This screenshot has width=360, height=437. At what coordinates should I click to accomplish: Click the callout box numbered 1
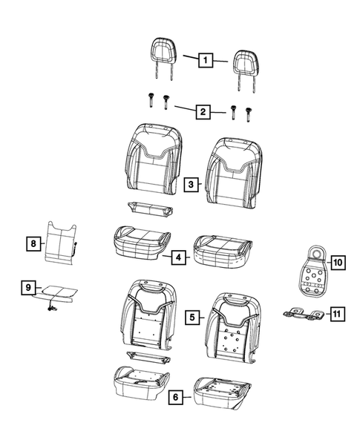(203, 60)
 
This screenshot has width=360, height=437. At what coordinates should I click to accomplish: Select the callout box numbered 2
(201, 112)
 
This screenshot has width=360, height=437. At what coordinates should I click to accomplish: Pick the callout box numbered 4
(178, 257)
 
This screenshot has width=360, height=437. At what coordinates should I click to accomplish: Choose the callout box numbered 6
(176, 397)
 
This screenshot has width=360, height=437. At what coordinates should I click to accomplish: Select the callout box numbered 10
(336, 262)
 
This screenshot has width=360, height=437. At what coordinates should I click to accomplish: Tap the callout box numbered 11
(336, 315)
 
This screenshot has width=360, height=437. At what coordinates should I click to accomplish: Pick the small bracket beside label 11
(304, 315)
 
